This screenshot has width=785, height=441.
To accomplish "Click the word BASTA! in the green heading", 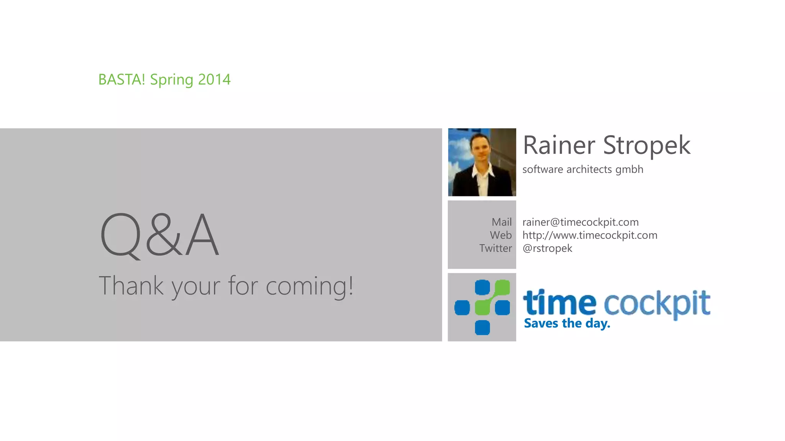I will [x=122, y=80].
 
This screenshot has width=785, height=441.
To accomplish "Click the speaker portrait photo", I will [x=482, y=162].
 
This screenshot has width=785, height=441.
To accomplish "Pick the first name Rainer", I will [x=559, y=145].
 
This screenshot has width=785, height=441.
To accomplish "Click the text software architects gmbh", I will [x=583, y=169].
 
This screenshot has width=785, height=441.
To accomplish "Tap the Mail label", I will [x=501, y=222].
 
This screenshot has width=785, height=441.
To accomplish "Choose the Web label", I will [x=501, y=235].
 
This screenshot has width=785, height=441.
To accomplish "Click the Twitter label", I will [x=495, y=248].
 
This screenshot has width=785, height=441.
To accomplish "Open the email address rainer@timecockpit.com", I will [x=580, y=222].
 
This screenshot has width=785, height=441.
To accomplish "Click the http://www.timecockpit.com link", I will [x=590, y=235].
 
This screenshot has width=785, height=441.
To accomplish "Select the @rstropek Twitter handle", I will [x=547, y=248].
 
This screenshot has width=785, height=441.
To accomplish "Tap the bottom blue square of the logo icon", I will [x=482, y=328].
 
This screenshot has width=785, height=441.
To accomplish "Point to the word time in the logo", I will [x=560, y=302].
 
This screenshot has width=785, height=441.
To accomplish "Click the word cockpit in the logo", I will [x=657, y=303].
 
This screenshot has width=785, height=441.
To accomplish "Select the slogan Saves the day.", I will [x=567, y=323].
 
